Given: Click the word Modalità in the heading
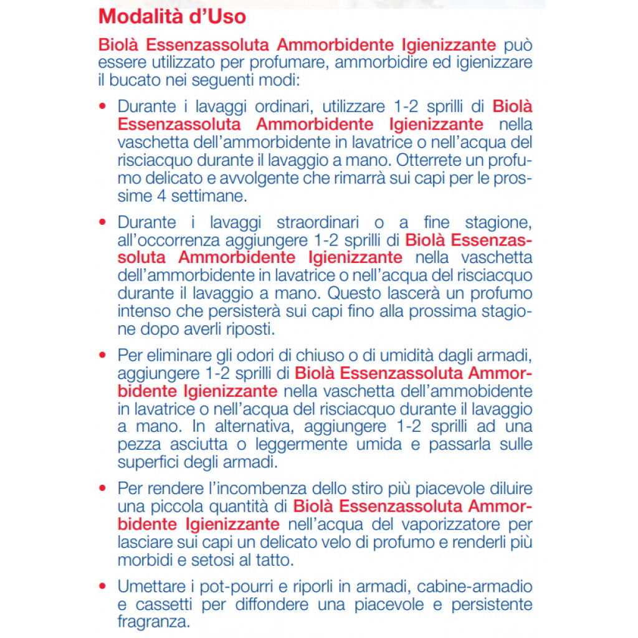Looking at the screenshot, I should pos(133,16).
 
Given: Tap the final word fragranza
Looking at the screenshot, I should pos(153,622).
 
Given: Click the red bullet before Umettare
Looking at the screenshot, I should pos(103,587).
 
